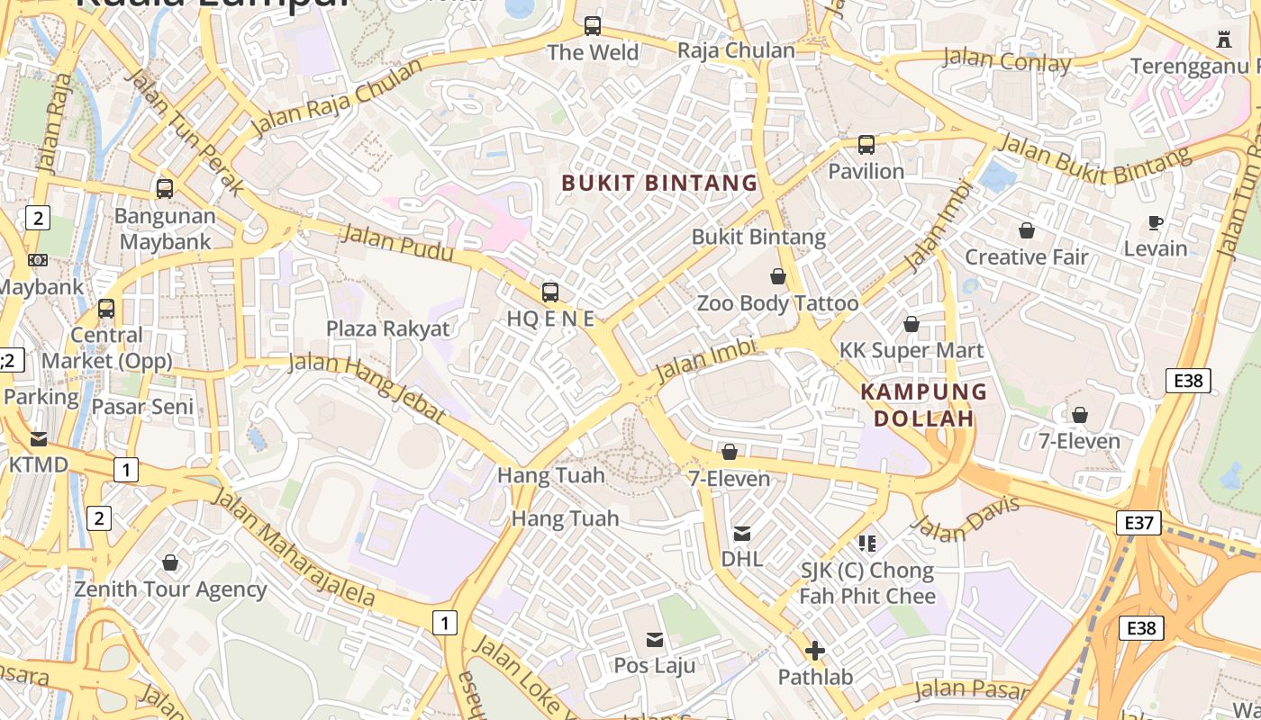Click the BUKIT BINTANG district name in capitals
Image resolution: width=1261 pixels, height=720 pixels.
tap(659, 183)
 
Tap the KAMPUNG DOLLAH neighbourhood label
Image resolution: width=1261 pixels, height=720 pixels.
tap(924, 405)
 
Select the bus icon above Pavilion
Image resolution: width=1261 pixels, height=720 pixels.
tap(866, 144)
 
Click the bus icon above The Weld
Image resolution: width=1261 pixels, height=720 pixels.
tap(592, 26)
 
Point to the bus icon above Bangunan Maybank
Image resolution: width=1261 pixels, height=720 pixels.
tap(164, 189)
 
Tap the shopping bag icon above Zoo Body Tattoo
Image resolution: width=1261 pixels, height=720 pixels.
tap(777, 276)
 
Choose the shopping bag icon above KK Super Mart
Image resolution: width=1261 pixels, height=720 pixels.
tap(911, 324)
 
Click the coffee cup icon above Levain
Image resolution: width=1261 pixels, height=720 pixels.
tap(1156, 222)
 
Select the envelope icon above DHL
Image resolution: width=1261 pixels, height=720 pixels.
tap(742, 533)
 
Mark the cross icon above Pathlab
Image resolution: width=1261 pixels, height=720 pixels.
tap(814, 651)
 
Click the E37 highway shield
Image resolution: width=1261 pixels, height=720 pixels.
tap(1138, 522)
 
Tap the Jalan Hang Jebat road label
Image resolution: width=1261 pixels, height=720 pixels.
tap(367, 387)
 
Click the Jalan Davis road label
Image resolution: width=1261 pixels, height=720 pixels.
tap(966, 519)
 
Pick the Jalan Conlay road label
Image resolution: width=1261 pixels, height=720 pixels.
tap(1006, 61)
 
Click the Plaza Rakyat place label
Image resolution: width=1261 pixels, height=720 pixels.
tap(387, 328)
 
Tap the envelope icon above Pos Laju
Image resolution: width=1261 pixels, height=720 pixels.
tap(655, 640)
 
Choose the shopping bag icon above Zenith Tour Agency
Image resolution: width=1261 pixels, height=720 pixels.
tap(170, 563)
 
